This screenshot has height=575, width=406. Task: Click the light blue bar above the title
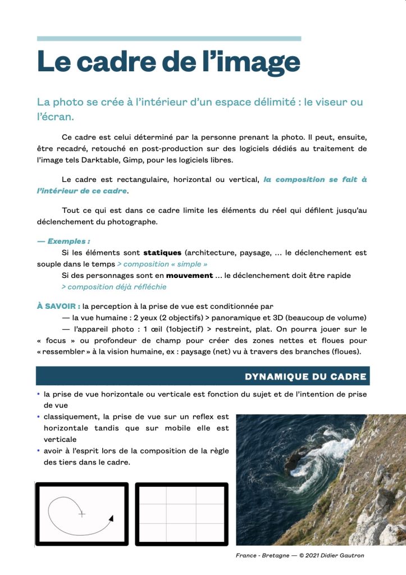pyautogui.click(x=168, y=39)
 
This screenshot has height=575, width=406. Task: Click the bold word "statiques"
pyautogui.click(x=162, y=253)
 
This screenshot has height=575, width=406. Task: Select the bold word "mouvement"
pyautogui.click(x=190, y=276)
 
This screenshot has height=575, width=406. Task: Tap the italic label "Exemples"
pyautogui.click(x=69, y=241)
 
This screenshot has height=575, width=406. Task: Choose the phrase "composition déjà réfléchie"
pyautogui.click(x=116, y=287)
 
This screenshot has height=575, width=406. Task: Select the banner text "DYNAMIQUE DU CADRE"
pyautogui.click(x=305, y=376)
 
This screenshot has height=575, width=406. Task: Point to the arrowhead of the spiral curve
pyautogui.click(x=111, y=518)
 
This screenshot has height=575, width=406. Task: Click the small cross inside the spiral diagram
pyautogui.click(x=81, y=513)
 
